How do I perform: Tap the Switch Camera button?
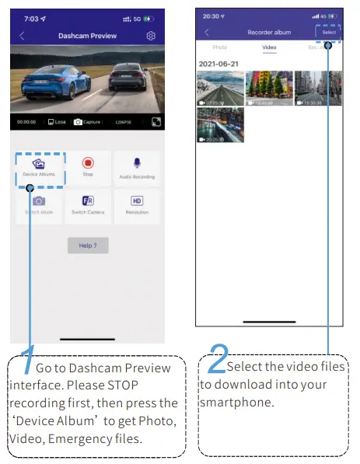(x=88, y=204)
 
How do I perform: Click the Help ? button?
(x=88, y=246)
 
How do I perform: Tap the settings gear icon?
(x=151, y=36)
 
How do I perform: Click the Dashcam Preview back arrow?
(x=22, y=36)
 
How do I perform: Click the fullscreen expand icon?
(x=156, y=122)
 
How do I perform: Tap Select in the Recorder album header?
(x=329, y=32)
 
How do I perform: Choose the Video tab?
(x=269, y=47)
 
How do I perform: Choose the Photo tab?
(x=220, y=47)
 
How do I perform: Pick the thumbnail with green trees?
(x=269, y=88)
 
